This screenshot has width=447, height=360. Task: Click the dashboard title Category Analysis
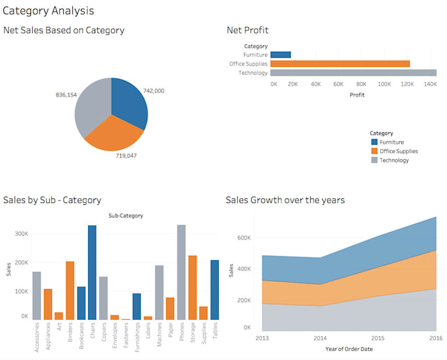(49, 11)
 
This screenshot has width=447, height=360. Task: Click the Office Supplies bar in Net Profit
(340, 64)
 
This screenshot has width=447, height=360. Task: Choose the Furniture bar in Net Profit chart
(281, 55)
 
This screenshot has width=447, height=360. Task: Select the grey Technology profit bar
(353, 73)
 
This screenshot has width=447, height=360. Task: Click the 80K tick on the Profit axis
(360, 84)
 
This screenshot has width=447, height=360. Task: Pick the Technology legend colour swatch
(374, 160)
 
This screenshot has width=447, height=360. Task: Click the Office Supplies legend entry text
(398, 151)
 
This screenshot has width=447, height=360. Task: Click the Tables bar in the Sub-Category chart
(215, 289)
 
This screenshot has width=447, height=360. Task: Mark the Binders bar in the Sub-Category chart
(70, 290)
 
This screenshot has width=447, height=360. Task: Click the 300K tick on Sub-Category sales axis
(20, 233)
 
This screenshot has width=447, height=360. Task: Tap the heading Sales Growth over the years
(285, 200)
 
